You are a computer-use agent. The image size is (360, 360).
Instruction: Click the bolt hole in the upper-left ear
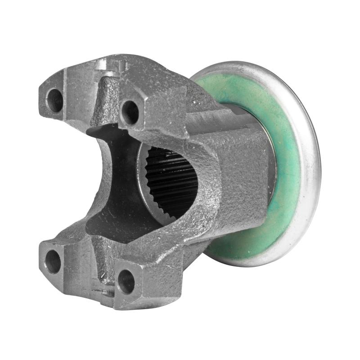click(55, 100)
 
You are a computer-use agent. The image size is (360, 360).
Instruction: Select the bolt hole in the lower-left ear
click(53, 261)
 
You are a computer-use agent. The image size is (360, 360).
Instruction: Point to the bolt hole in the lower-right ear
click(126, 281)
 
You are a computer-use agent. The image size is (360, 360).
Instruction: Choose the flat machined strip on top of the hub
click(211, 121)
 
